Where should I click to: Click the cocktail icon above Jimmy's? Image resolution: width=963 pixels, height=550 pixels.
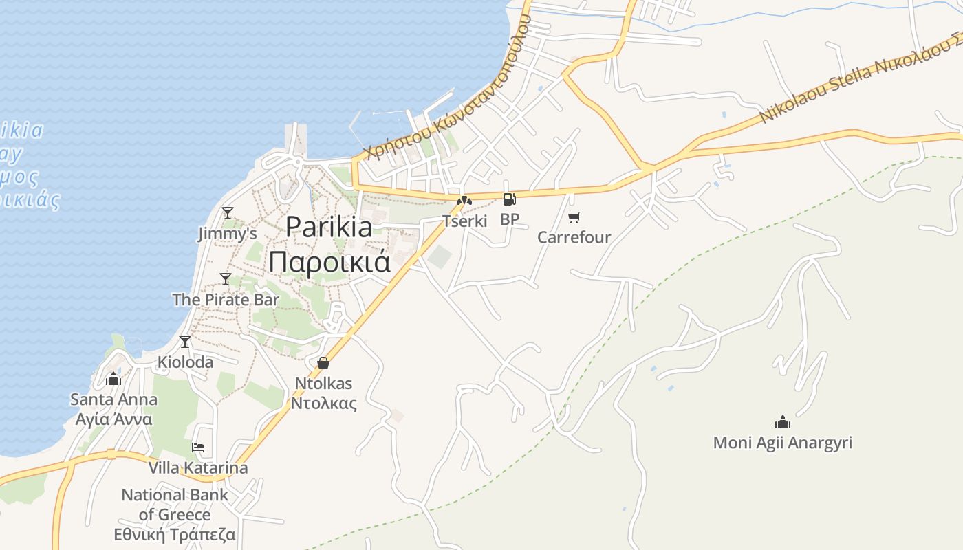[228, 213]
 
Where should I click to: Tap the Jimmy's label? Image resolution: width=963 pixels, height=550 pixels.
[228, 234]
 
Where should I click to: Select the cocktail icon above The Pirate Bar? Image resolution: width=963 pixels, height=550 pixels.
[226, 279]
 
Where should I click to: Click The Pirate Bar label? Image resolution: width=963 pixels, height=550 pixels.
[226, 300]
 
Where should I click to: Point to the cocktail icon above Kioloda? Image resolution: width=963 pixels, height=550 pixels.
[185, 342]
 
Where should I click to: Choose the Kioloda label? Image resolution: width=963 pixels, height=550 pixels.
[185, 362]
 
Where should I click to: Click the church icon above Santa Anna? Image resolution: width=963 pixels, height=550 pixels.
[113, 379]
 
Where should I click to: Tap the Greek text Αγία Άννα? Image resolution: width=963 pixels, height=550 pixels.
[113, 419]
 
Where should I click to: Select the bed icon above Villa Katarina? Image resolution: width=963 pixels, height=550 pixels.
[198, 448]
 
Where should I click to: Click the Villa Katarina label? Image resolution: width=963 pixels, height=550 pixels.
[198, 468]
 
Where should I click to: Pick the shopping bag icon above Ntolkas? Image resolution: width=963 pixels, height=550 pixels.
[323, 363]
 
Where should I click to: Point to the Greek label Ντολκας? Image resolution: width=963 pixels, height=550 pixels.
[323, 403]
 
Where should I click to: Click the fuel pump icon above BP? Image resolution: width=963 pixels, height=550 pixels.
[509, 199]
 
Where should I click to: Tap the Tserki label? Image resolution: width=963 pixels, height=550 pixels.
[464, 221]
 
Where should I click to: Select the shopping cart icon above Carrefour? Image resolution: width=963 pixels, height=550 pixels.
[574, 217]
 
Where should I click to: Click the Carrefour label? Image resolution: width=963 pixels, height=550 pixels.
[574, 238]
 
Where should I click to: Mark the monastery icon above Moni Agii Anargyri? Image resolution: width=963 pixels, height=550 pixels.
[782, 422]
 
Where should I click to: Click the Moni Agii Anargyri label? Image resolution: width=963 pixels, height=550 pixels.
[782, 443]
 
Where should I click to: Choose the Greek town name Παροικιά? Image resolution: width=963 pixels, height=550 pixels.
[329, 262]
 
